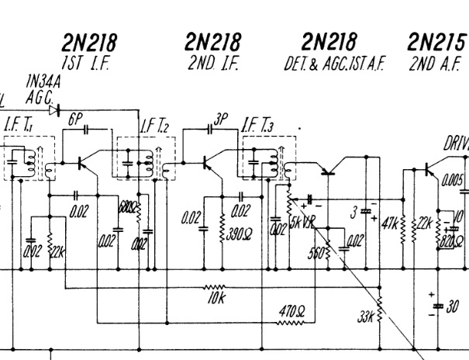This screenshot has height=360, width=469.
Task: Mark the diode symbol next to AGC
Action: (53, 110)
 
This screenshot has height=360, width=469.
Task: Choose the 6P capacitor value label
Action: (74, 119)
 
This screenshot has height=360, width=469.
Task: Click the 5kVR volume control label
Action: (301, 221)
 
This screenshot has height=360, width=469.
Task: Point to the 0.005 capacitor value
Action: (452, 181)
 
